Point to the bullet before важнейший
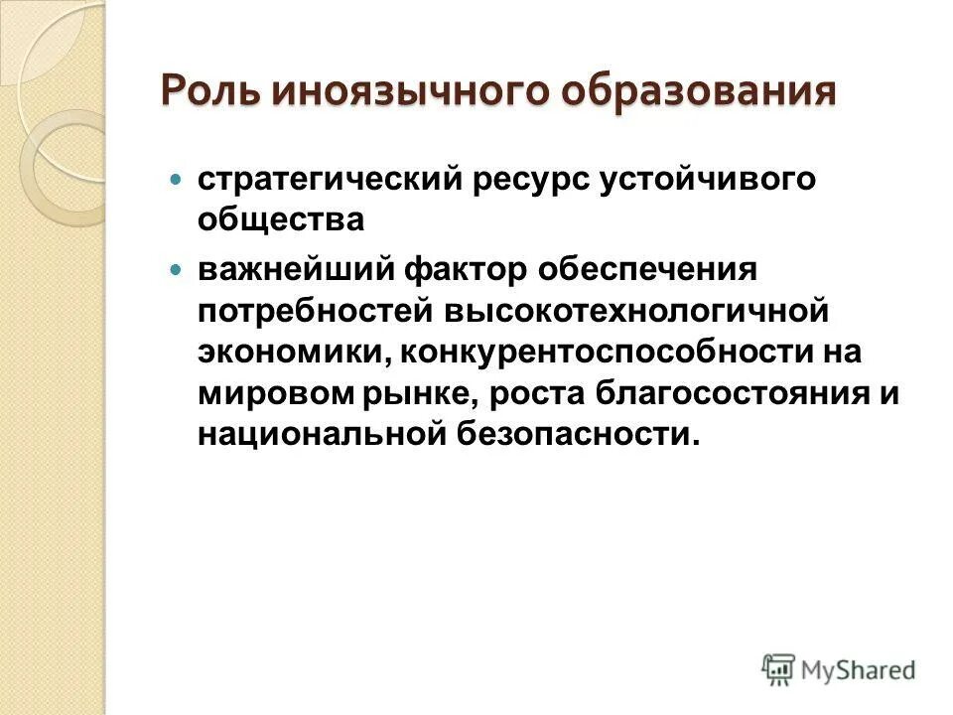(178, 269)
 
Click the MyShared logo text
(859, 669)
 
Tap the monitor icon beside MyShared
(779, 668)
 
